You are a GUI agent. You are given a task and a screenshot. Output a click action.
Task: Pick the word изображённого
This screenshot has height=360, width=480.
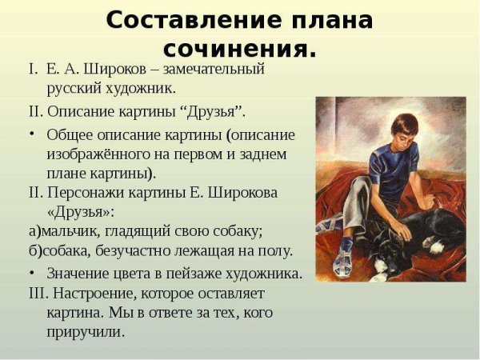tap(99, 153)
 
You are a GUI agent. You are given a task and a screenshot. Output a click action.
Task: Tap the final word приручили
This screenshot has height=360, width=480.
tap(86, 330)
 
